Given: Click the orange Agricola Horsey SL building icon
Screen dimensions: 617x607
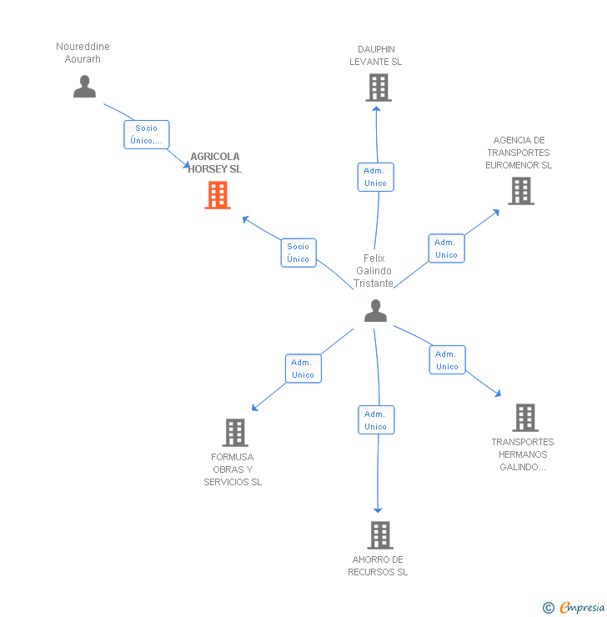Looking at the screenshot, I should [218, 194].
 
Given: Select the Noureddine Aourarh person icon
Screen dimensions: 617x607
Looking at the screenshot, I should [84, 87].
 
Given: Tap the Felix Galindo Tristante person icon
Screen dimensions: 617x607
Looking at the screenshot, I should [376, 310].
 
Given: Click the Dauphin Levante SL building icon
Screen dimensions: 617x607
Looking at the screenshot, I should [379, 88].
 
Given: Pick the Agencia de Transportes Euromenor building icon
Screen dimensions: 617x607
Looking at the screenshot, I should [521, 191].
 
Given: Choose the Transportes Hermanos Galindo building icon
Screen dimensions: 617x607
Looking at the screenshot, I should [525, 418].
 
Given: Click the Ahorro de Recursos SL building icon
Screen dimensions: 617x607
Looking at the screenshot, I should [379, 534].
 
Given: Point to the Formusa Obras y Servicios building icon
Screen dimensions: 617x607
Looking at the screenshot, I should [235, 433].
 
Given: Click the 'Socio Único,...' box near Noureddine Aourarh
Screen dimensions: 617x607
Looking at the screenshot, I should [147, 135].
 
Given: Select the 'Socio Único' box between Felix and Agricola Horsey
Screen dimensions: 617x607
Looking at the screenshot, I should [298, 253].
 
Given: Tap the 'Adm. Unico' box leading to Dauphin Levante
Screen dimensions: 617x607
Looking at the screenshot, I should [375, 177].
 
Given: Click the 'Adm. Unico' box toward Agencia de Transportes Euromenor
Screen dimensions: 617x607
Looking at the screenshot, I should [446, 248].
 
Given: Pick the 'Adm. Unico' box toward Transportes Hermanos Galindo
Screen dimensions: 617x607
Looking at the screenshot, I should [447, 360].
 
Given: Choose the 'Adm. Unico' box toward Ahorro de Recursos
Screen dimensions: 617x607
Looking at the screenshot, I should [375, 420].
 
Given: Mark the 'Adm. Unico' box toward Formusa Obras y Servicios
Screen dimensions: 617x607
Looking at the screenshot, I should [303, 369].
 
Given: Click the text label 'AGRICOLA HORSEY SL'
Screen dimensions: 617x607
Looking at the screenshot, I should [215, 163].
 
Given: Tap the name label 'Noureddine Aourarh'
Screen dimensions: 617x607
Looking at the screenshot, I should [83, 53].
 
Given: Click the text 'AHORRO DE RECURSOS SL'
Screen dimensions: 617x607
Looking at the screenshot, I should [378, 566].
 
